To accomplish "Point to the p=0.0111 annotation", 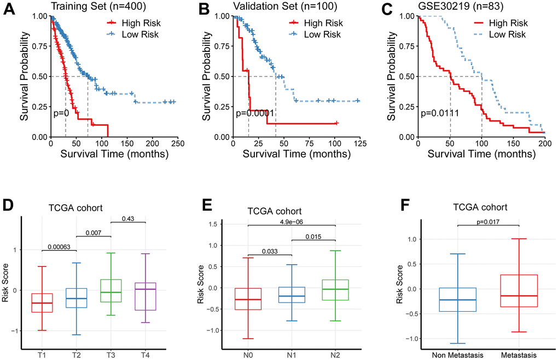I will click(439, 114).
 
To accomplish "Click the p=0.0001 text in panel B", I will click(255, 114).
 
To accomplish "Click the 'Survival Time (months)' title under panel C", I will click(481, 154).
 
